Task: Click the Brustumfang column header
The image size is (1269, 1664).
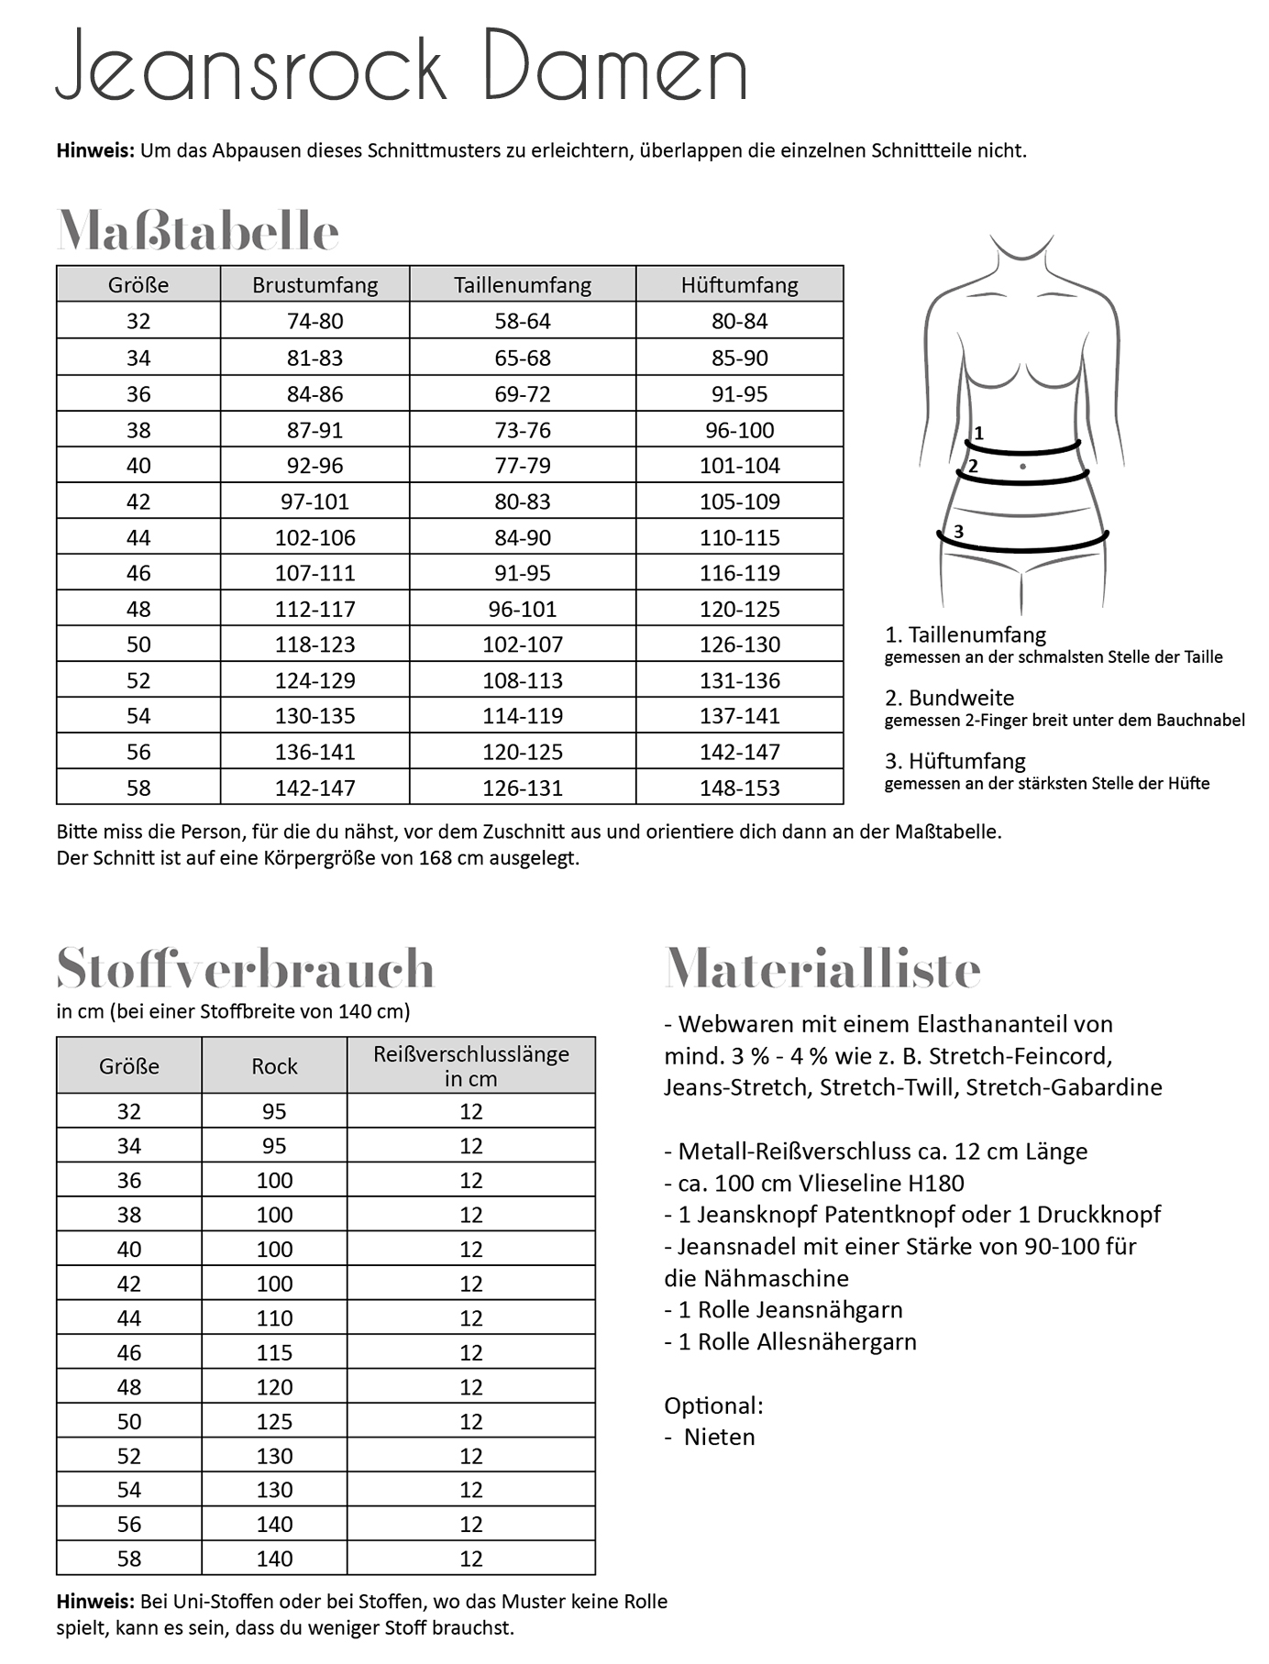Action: [x=314, y=285]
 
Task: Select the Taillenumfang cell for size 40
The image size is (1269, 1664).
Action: [x=523, y=466]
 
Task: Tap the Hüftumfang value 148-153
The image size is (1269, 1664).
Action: [x=739, y=788]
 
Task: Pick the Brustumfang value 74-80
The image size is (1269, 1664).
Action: [x=314, y=321]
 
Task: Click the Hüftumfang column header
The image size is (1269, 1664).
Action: [x=739, y=285]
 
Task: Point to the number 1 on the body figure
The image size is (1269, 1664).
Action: [x=978, y=433]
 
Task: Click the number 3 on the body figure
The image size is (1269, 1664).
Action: [x=958, y=531]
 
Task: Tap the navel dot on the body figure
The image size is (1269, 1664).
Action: [x=1022, y=467]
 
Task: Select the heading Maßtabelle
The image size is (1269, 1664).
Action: [x=198, y=231]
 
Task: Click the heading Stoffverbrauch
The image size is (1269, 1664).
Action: [x=245, y=968]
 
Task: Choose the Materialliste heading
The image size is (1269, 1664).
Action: [x=822, y=968]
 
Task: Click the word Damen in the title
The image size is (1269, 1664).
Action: [x=613, y=66]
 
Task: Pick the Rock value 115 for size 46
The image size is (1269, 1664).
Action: [x=274, y=1352]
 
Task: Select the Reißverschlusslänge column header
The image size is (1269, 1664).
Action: [x=470, y=1066]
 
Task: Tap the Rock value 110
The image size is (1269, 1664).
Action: [x=274, y=1318]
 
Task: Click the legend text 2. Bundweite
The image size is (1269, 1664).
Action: [x=949, y=698]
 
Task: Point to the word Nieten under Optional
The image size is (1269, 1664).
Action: [x=719, y=1437]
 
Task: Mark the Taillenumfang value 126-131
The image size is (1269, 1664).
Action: [x=523, y=788]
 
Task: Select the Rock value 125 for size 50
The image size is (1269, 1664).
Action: [x=274, y=1421]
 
